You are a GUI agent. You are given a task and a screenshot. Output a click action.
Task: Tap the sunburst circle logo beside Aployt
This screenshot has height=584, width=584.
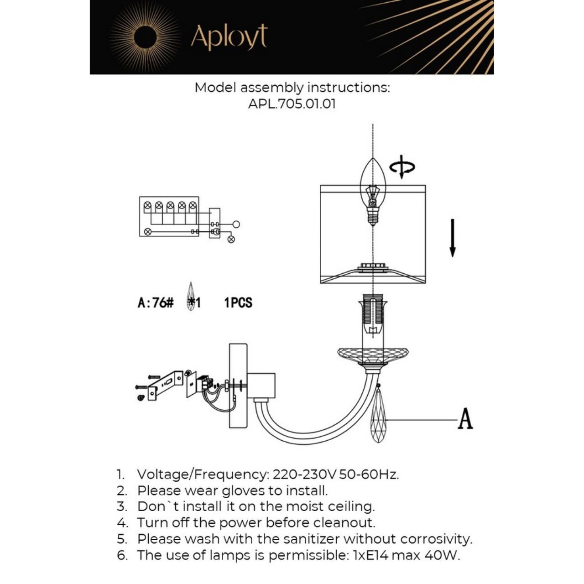pyautogui.click(x=146, y=36)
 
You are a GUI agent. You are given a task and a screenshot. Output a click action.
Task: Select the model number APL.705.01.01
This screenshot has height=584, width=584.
pyautogui.click(x=292, y=104)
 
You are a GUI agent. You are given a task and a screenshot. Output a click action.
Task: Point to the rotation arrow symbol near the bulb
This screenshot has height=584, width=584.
pyautogui.click(x=402, y=167)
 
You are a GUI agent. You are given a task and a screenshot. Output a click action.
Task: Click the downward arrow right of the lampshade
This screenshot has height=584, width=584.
pyautogui.click(x=453, y=238)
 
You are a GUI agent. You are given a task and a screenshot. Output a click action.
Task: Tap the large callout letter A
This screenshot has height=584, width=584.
pyautogui.click(x=465, y=419)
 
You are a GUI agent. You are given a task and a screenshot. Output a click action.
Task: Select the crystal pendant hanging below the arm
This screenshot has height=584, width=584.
pyautogui.click(x=378, y=417)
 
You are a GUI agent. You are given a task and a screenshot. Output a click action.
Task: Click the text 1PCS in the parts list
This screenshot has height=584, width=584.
pyautogui.click(x=238, y=303)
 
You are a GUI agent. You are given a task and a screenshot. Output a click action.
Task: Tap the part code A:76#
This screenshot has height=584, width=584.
pyautogui.click(x=156, y=303)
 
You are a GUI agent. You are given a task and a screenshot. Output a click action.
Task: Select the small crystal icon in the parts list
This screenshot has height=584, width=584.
pyautogui.click(x=191, y=297)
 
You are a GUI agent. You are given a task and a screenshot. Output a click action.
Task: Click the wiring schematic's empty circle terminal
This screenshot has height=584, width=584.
pyautogui.click(x=236, y=224)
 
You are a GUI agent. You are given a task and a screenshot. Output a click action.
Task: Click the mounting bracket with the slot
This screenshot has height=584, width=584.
pyautogui.click(x=166, y=384)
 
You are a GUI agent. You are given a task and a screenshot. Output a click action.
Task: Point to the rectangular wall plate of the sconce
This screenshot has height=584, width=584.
pyautogui.click(x=238, y=386)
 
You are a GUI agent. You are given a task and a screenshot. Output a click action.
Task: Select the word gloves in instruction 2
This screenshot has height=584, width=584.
pyautogui.click(x=243, y=491)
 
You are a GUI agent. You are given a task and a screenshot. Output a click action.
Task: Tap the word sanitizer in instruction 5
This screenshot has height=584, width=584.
pyautogui.click(x=312, y=539)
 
